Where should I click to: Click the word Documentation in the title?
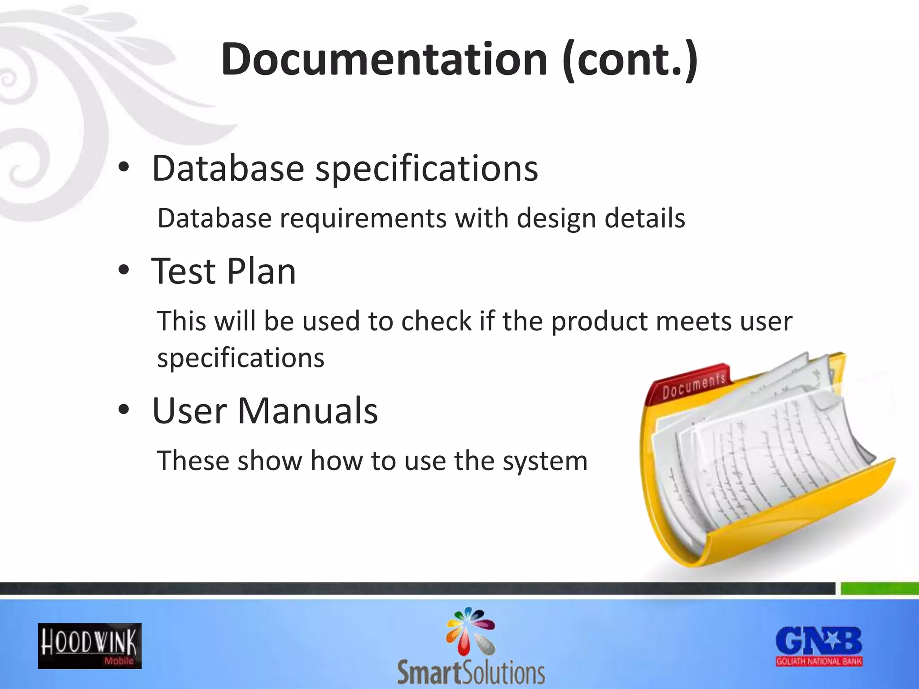[384, 59]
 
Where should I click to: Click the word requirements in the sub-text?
[363, 219]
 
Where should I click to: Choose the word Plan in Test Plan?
[261, 271]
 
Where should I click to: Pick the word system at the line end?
[545, 461]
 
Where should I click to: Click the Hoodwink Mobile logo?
[90, 646]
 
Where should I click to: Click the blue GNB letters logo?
[819, 641]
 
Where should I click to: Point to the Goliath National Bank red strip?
[819, 661]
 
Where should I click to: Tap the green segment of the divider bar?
[880, 588]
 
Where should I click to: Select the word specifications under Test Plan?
[241, 358]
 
